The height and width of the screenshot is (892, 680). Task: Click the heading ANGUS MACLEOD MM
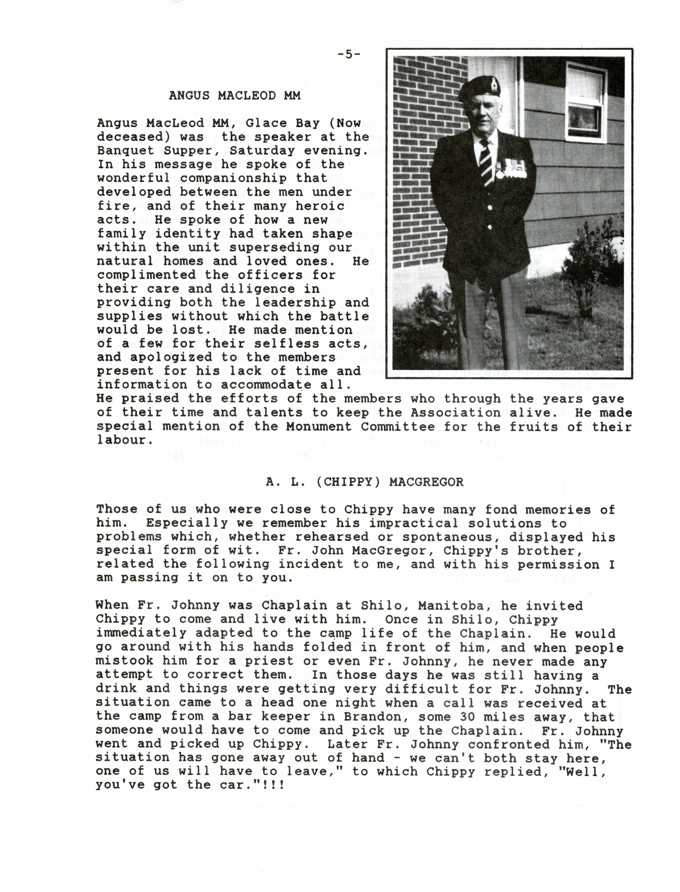234,96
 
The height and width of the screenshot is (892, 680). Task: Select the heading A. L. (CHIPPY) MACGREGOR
365,482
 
